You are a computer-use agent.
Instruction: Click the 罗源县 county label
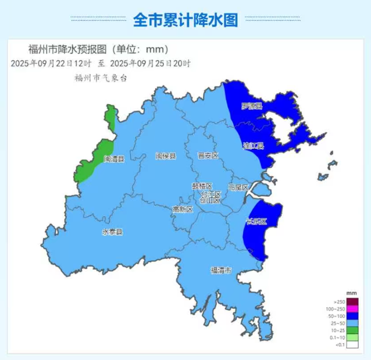[252, 106]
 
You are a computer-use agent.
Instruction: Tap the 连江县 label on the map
[253, 146]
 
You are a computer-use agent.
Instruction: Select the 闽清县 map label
[114, 159]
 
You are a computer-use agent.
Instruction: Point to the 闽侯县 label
[165, 156]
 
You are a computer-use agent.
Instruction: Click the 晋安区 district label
[208, 155]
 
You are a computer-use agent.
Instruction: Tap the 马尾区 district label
[238, 187]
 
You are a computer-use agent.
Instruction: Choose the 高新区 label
[183, 209]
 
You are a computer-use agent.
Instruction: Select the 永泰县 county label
[112, 232]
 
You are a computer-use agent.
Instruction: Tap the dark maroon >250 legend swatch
[352, 302]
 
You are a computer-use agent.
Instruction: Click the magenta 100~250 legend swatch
[352, 309]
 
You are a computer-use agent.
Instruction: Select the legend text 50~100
[338, 316]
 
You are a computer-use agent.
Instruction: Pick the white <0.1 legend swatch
[352, 344]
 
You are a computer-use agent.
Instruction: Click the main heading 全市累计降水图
[185, 20]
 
